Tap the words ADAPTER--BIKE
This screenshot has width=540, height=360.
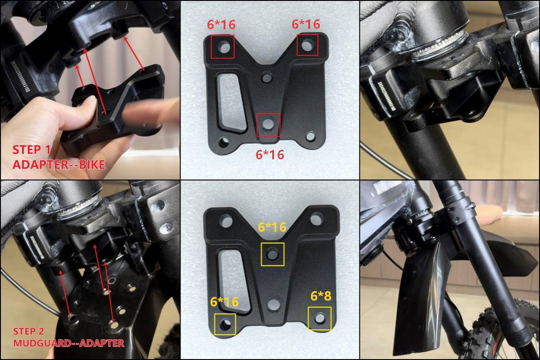(58, 165)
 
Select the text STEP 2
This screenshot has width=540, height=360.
(28, 332)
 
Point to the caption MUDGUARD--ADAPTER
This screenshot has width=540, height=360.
(68, 343)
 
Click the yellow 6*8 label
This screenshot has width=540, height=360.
(321, 296)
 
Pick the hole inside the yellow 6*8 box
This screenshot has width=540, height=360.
(319, 318)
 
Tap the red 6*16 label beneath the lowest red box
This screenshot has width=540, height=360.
(270, 154)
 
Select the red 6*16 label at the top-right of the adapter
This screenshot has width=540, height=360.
(306, 24)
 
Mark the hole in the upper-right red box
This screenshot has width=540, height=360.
(307, 45)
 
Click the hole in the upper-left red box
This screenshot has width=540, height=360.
(222, 46)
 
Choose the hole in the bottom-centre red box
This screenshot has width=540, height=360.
(268, 125)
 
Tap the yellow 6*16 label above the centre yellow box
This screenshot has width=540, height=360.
(272, 227)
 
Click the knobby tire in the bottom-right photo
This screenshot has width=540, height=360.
(490, 333)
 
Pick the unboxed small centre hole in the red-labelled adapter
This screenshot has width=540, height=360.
(267, 78)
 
